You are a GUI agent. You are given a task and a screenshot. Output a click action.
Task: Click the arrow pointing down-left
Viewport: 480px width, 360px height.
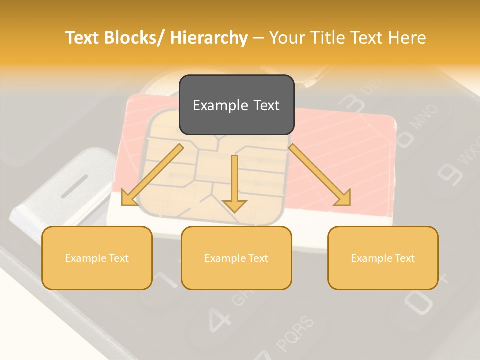coord(152,175)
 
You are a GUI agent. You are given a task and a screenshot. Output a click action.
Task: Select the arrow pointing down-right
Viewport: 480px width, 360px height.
coord(320,175)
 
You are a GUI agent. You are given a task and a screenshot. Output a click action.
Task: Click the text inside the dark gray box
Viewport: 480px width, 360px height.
coord(236,105)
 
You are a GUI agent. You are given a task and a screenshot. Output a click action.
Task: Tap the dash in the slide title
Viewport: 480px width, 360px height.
coord(259,38)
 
